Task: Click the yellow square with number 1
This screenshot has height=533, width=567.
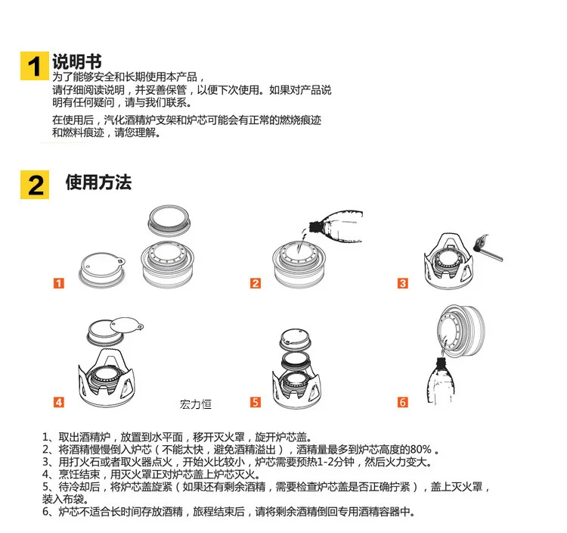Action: tap(34, 66)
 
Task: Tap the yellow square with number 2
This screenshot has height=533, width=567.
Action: tap(34, 185)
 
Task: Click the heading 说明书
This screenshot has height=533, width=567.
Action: tap(77, 61)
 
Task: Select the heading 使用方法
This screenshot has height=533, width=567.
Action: tap(98, 182)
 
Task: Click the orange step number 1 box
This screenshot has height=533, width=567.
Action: tap(58, 283)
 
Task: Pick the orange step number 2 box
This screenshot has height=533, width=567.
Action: tap(256, 283)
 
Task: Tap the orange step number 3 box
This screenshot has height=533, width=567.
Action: tap(402, 283)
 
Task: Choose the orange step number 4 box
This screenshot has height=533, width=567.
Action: tap(58, 402)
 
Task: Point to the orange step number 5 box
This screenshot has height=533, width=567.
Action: tap(256, 402)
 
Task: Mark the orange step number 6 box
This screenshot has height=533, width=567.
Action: tap(402, 402)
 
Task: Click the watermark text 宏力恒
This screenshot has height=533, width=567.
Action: tap(196, 404)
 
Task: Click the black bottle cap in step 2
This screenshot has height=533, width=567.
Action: tap(315, 226)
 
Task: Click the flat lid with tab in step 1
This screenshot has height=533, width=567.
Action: tap(102, 270)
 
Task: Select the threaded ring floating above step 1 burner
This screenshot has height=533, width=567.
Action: tap(169, 221)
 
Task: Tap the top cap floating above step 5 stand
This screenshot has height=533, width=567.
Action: tap(296, 339)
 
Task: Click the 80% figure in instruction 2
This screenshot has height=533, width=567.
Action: tap(420, 450)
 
